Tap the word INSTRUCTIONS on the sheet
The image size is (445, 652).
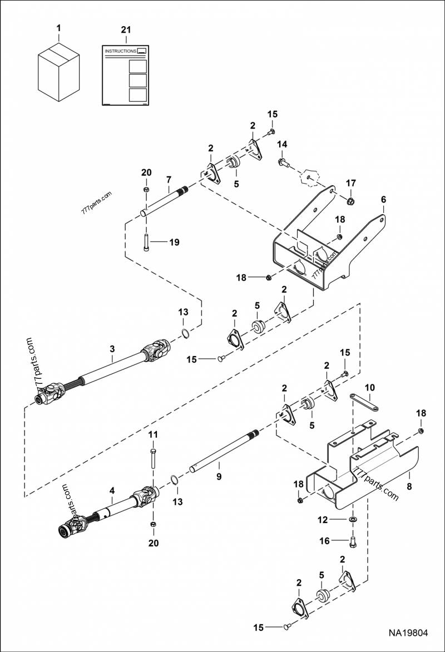click(x=120, y=51)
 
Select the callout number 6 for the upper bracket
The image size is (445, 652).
click(x=383, y=199)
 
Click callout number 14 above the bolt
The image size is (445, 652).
click(x=282, y=145)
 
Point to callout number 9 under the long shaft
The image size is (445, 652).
click(x=219, y=476)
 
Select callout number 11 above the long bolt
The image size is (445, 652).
click(x=153, y=434)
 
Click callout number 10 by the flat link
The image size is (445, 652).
click(x=370, y=387)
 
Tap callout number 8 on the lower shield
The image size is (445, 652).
click(x=409, y=476)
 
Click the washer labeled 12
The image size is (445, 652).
click(x=353, y=520)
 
